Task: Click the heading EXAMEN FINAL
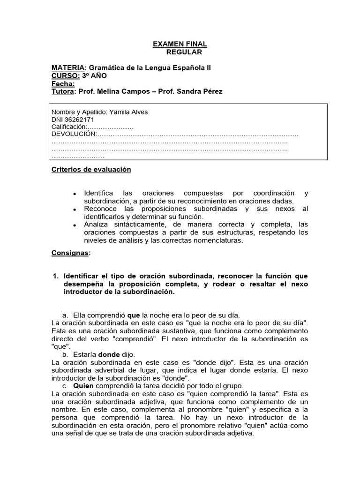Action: (180, 44)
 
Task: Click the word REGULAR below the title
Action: (184, 52)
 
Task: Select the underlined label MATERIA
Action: (67, 68)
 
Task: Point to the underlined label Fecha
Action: (63, 84)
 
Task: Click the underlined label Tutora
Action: (63, 92)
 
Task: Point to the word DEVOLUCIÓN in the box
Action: (73, 135)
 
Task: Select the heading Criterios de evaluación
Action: (91, 170)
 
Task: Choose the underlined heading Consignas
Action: (70, 253)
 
